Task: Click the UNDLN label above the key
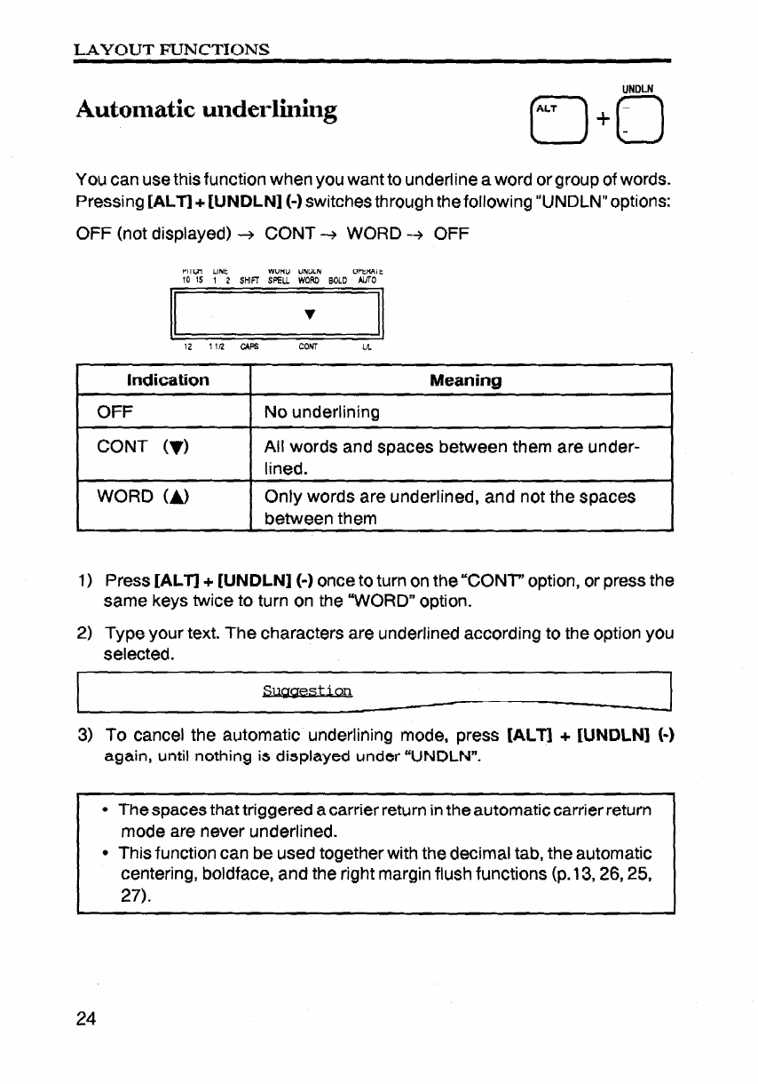(637, 89)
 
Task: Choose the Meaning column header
(465, 381)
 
